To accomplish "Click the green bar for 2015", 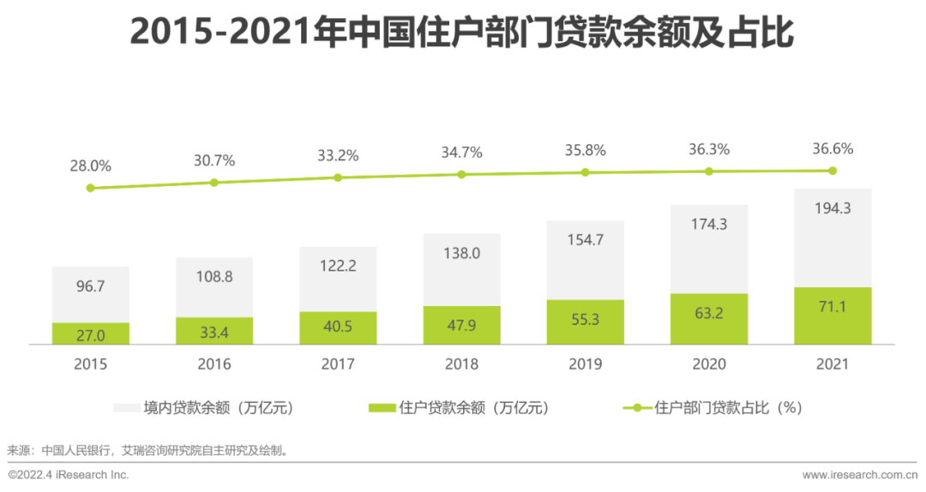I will click(90, 333).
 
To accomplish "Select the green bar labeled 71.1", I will click(833, 315).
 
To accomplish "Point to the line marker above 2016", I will click(214, 183).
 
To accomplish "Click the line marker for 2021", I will click(833, 171).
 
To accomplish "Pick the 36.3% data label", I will click(709, 149).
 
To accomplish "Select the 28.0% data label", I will click(90, 165).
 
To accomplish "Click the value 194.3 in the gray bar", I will click(833, 208).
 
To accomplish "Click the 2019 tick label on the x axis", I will click(586, 364).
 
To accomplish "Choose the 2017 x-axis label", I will click(338, 364).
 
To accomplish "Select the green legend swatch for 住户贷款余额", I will click(382, 408).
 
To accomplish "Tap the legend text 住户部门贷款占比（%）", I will click(728, 408).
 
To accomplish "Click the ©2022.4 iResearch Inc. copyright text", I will click(69, 475).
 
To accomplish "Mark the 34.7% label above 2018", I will click(461, 153).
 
